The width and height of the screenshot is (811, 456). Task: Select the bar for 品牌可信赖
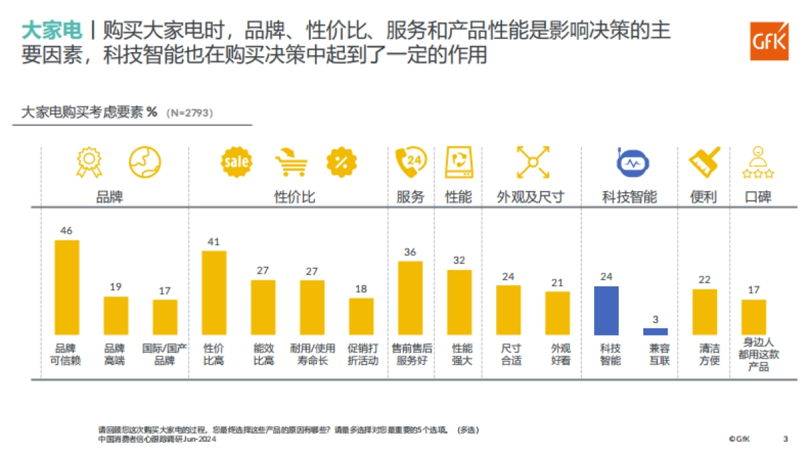click(x=66, y=288)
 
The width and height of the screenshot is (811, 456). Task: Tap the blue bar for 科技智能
click(x=606, y=311)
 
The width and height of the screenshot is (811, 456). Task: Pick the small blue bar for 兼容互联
click(x=655, y=332)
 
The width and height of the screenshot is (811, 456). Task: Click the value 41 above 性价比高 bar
click(x=214, y=241)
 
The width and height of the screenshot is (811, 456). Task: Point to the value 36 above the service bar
click(x=410, y=252)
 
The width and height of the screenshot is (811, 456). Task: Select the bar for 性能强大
click(x=459, y=303)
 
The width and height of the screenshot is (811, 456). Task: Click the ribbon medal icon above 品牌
click(x=89, y=163)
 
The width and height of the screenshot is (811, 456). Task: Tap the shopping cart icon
click(x=291, y=163)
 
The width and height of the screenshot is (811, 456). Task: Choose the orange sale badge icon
click(x=237, y=162)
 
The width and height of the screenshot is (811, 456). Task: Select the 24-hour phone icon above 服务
click(x=410, y=163)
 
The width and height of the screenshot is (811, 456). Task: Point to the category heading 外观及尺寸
click(x=531, y=197)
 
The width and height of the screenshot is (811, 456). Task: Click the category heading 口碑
click(x=758, y=197)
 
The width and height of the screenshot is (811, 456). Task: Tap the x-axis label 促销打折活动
click(x=361, y=355)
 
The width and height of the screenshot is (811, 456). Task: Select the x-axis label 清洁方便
click(x=709, y=355)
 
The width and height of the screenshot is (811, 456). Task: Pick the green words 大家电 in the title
click(x=52, y=30)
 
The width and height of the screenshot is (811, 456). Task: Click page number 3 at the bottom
click(x=785, y=439)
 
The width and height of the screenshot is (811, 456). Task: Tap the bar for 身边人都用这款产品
click(x=754, y=318)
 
